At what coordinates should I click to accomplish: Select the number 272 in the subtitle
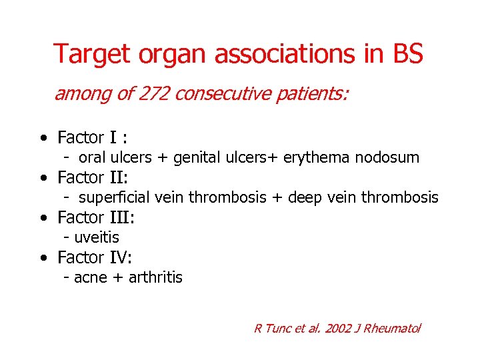pyautogui.click(x=154, y=94)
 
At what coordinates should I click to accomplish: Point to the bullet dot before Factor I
pyautogui.click(x=43, y=139)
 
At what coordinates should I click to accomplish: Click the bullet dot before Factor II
pyautogui.click(x=43, y=179)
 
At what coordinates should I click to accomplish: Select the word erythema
pyautogui.click(x=317, y=158)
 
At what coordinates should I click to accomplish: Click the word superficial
pyautogui.click(x=115, y=197)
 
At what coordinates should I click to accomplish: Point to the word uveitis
pyautogui.click(x=97, y=237)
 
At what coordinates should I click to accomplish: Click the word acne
pyautogui.click(x=90, y=277)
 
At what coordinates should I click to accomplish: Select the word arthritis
pyautogui.click(x=155, y=277)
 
